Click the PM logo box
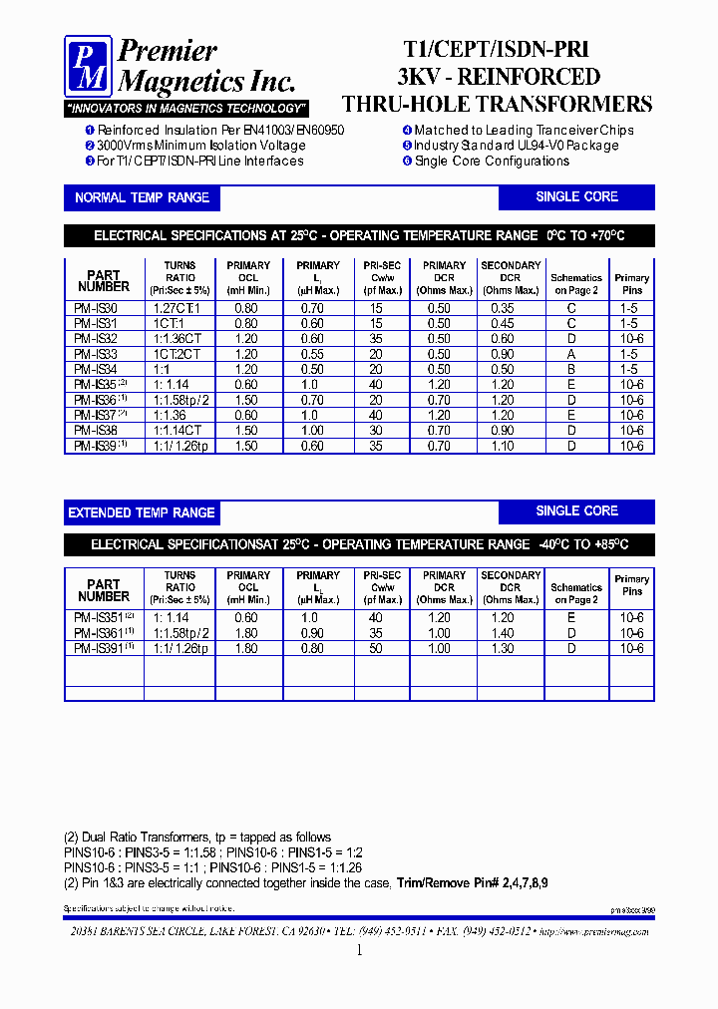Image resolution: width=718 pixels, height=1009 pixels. (89, 67)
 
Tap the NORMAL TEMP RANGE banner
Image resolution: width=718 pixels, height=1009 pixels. (142, 197)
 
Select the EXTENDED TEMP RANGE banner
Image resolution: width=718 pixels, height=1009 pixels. (142, 512)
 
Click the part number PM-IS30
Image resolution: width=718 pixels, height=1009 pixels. (96, 309)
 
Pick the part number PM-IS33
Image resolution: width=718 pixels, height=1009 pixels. (96, 354)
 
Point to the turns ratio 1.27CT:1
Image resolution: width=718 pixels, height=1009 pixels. (179, 309)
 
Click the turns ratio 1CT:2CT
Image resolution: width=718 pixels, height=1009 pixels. (179, 354)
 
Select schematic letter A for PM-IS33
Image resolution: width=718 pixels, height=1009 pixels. (571, 354)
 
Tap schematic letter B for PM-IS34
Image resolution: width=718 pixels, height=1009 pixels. (571, 370)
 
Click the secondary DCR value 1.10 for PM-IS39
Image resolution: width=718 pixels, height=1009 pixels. (502, 447)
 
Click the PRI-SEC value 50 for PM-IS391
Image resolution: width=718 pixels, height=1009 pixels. (376, 649)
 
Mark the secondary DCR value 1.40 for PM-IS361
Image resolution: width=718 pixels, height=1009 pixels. (502, 633)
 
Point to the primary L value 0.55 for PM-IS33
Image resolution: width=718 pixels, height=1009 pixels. (312, 354)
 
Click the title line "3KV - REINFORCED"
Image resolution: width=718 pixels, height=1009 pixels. (499, 77)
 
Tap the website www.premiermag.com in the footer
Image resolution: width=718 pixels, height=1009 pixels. (596, 930)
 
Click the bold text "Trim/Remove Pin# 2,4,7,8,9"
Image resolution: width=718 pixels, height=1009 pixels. (472, 883)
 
